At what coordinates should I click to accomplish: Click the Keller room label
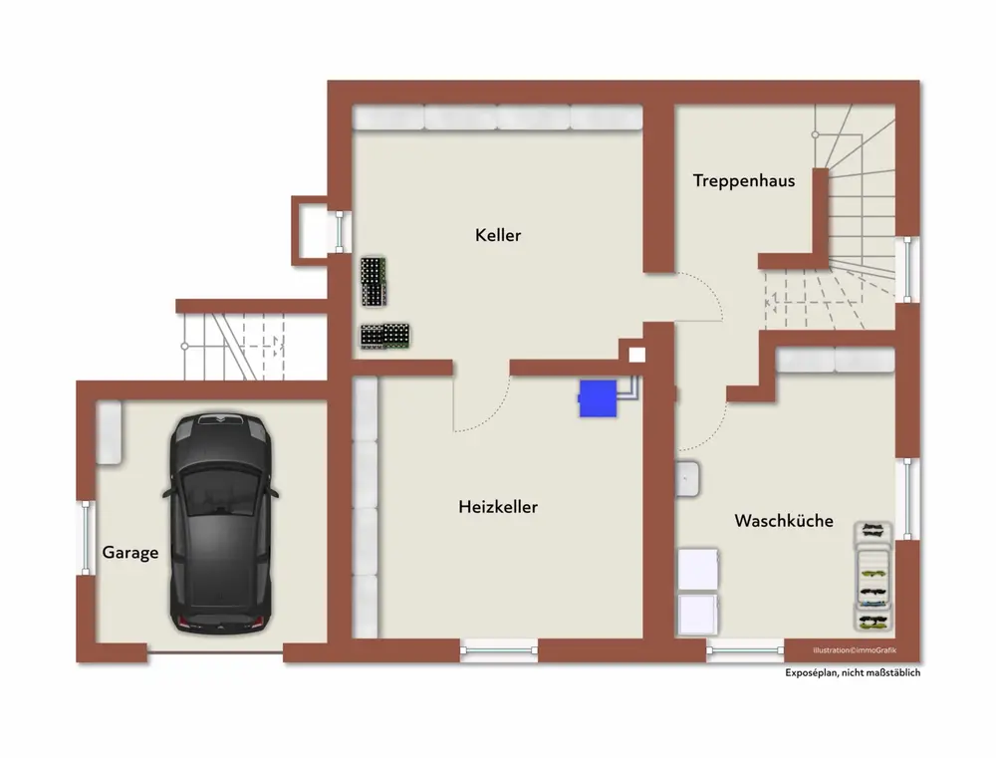click(498, 235)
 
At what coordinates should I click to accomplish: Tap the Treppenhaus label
click(744, 181)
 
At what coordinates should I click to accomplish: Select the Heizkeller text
click(498, 507)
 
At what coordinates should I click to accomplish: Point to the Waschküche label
click(784, 521)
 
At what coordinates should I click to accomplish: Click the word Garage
click(130, 553)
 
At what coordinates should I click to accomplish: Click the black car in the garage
click(220, 524)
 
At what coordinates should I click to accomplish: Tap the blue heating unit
click(598, 399)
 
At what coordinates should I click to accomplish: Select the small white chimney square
click(637, 355)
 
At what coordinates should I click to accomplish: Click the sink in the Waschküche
click(687, 479)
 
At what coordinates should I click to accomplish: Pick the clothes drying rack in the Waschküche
click(872, 577)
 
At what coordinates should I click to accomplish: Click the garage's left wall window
click(87, 538)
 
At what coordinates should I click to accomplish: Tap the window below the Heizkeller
click(499, 650)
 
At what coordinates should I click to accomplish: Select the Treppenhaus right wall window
click(907, 269)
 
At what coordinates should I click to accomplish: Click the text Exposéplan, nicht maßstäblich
click(853, 673)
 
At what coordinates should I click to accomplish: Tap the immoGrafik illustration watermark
click(855, 650)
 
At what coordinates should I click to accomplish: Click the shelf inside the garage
click(109, 432)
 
